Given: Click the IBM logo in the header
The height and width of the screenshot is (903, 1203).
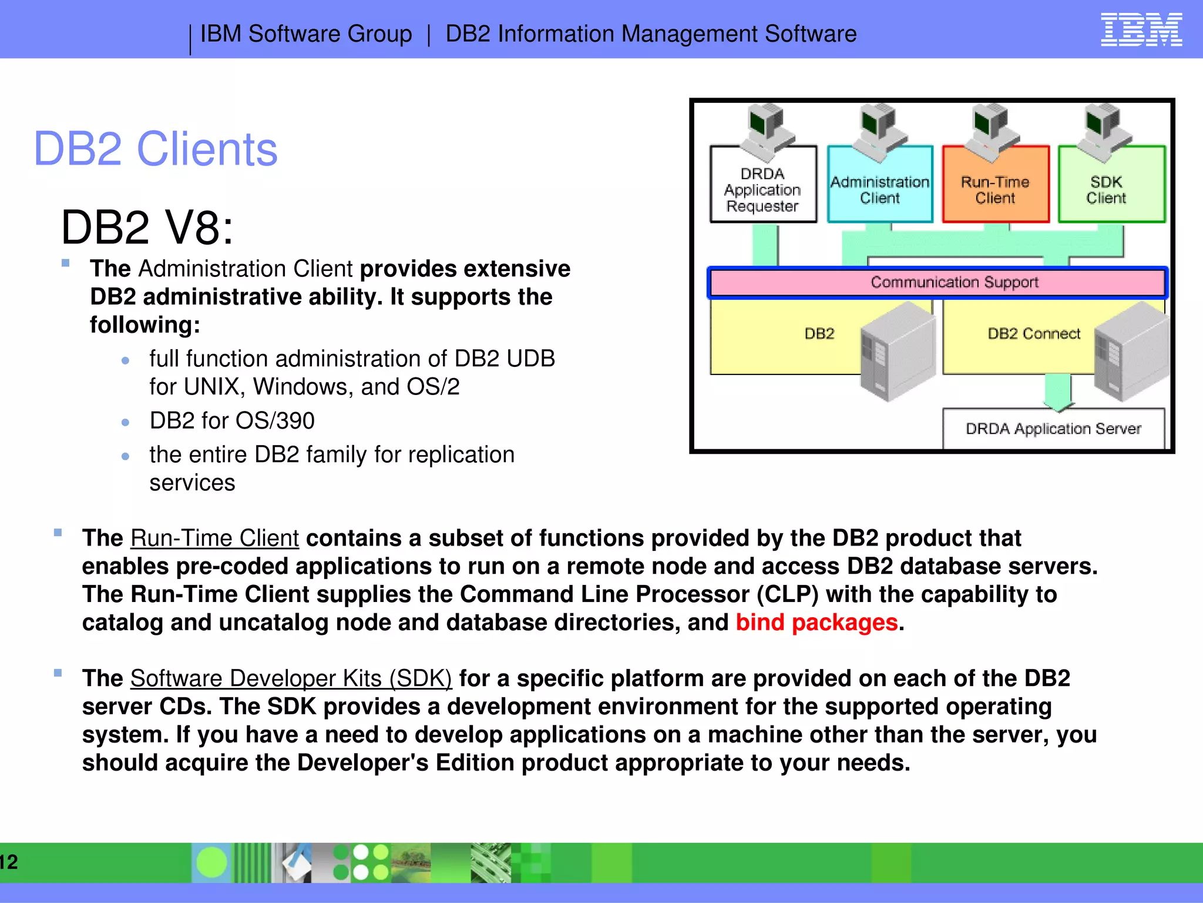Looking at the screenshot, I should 1141,29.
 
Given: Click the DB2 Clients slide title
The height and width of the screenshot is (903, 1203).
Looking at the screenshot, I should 155,149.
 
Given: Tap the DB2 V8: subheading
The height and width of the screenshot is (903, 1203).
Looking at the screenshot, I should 147,228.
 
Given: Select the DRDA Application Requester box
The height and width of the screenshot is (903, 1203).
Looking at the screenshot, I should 762,190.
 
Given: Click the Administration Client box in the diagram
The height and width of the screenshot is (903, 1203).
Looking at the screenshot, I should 879,190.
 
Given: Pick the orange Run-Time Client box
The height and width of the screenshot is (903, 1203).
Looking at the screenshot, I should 995,190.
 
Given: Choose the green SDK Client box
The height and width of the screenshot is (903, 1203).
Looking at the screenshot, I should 1106,190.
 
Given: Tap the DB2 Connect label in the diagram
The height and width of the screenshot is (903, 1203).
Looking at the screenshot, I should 1033,334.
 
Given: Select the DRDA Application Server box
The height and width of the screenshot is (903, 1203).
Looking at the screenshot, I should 1053,429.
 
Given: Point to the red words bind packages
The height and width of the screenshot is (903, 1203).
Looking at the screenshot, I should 816,623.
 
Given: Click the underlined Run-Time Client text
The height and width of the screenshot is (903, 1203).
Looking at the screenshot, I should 214,539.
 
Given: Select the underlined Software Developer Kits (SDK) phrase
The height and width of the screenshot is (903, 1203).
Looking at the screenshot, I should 291,678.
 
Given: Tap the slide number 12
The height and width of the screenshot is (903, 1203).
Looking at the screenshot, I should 9,862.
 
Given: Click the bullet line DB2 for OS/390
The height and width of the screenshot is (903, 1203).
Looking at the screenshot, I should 232,421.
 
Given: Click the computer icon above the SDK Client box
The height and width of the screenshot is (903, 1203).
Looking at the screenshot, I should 1104,131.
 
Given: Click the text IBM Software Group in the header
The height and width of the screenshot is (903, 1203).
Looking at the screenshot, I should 306,34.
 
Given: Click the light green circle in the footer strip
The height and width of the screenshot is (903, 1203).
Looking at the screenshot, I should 211,862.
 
